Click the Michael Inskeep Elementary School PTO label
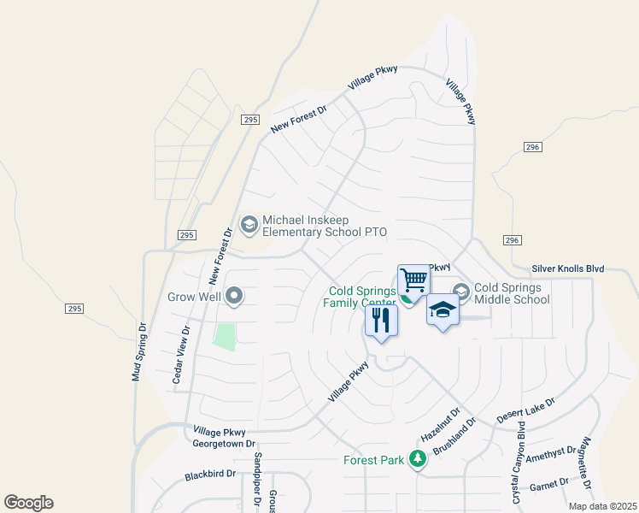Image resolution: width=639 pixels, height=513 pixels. point(325,226)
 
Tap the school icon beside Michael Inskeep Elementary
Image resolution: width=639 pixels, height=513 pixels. point(249,225)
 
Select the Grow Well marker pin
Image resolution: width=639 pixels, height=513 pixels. point(234,298)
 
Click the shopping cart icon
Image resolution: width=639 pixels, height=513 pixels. point(413,280)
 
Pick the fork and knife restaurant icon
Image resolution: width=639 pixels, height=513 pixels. point(381,321)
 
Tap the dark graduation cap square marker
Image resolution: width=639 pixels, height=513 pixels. point(443,310)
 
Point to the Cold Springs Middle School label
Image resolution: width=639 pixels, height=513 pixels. point(512,294)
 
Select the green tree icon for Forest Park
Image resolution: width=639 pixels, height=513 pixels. point(417,460)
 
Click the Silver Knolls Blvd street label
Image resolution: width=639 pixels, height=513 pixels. point(567,268)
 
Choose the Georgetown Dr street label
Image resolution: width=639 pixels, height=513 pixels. point(225,444)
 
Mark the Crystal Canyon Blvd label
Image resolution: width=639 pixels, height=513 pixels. point(516,474)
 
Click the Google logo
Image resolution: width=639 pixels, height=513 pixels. point(28,503)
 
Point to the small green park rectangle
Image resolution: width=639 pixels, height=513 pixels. point(224,337)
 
